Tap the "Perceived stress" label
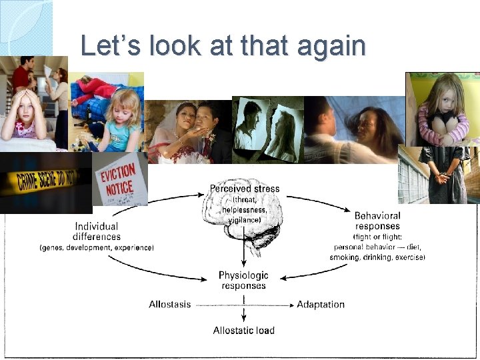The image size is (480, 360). pyautogui.click(x=245, y=189)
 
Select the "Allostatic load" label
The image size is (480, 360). pyautogui.click(x=243, y=330)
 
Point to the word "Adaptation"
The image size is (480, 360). pyautogui.click(x=321, y=305)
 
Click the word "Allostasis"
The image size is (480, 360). pyautogui.click(x=169, y=305)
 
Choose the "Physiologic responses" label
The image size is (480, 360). pyautogui.click(x=243, y=280)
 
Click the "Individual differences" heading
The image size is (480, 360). pyautogui.click(x=97, y=231)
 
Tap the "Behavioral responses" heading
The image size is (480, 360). pyautogui.click(x=377, y=221)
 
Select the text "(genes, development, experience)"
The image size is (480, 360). pyautogui.click(x=97, y=248)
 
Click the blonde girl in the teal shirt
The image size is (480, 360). pyautogui.click(x=121, y=120)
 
